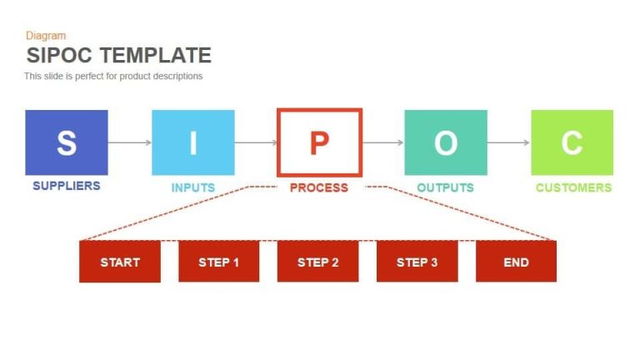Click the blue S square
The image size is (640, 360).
point(67,142)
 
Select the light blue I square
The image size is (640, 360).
point(193,142)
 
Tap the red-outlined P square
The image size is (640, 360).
point(319,142)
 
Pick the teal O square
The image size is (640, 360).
point(446,142)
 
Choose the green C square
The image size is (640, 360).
point(572,142)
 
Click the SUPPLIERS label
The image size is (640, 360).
point(67,186)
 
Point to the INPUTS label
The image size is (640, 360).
point(193,187)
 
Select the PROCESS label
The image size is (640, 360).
point(319,187)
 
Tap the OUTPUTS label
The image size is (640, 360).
point(446,187)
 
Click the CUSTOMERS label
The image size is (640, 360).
point(573,187)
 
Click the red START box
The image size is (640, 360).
point(120,262)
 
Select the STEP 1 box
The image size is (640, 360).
point(219,262)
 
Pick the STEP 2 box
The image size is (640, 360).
point(318,262)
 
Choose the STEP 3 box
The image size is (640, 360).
point(417,262)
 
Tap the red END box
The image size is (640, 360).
point(516,262)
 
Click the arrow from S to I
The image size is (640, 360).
point(130,142)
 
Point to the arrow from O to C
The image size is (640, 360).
point(508,142)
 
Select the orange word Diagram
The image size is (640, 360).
point(46,36)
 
